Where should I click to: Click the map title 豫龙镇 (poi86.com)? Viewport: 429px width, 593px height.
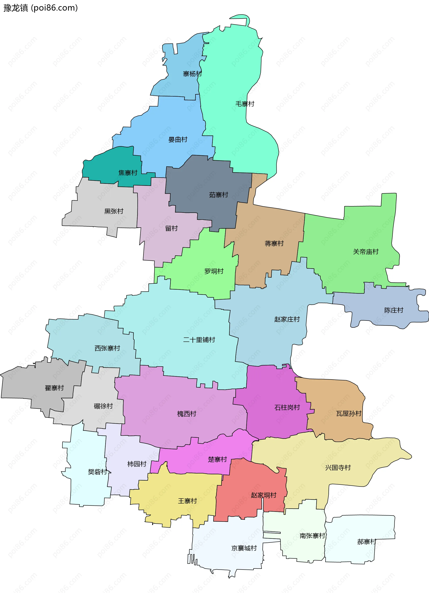coord(40,8)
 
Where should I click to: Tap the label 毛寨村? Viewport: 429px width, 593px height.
coord(245,104)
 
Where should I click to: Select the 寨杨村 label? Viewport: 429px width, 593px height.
coord(192,74)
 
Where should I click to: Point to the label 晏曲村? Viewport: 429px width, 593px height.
coord(178,140)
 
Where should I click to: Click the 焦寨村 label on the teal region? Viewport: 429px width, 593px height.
coord(128,173)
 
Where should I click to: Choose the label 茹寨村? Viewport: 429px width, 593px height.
coord(219,195)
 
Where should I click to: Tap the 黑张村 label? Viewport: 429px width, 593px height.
coord(114,211)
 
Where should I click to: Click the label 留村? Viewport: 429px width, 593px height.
coord(171,228)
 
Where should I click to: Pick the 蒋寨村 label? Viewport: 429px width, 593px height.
coord(274,244)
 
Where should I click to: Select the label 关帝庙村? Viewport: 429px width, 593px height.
coord(366,252)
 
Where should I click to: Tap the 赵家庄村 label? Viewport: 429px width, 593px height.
coord(287,319)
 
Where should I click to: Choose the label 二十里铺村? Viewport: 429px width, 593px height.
coord(199,340)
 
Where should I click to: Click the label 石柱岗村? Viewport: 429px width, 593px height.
coord(287,408)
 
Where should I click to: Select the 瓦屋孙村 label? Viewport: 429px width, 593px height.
coord(349,414)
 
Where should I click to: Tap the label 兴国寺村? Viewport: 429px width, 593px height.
coord(338,468)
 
